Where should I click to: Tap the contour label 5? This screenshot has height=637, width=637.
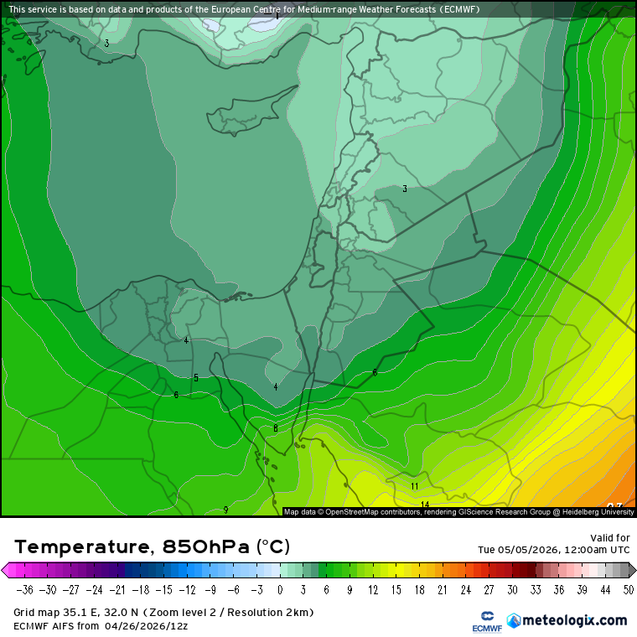[x=196, y=378]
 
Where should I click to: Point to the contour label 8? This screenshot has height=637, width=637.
[x=275, y=428]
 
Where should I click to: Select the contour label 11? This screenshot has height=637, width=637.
[x=414, y=486]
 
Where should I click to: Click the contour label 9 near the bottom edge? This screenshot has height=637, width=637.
[x=225, y=510]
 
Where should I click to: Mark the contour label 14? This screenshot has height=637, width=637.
[x=425, y=505]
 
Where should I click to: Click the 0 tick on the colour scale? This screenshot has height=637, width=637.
[x=280, y=589]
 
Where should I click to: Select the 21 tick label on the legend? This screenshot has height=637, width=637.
[x=442, y=589]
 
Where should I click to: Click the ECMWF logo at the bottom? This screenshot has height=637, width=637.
[x=486, y=621]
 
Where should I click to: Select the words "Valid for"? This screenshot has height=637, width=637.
[x=611, y=537]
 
